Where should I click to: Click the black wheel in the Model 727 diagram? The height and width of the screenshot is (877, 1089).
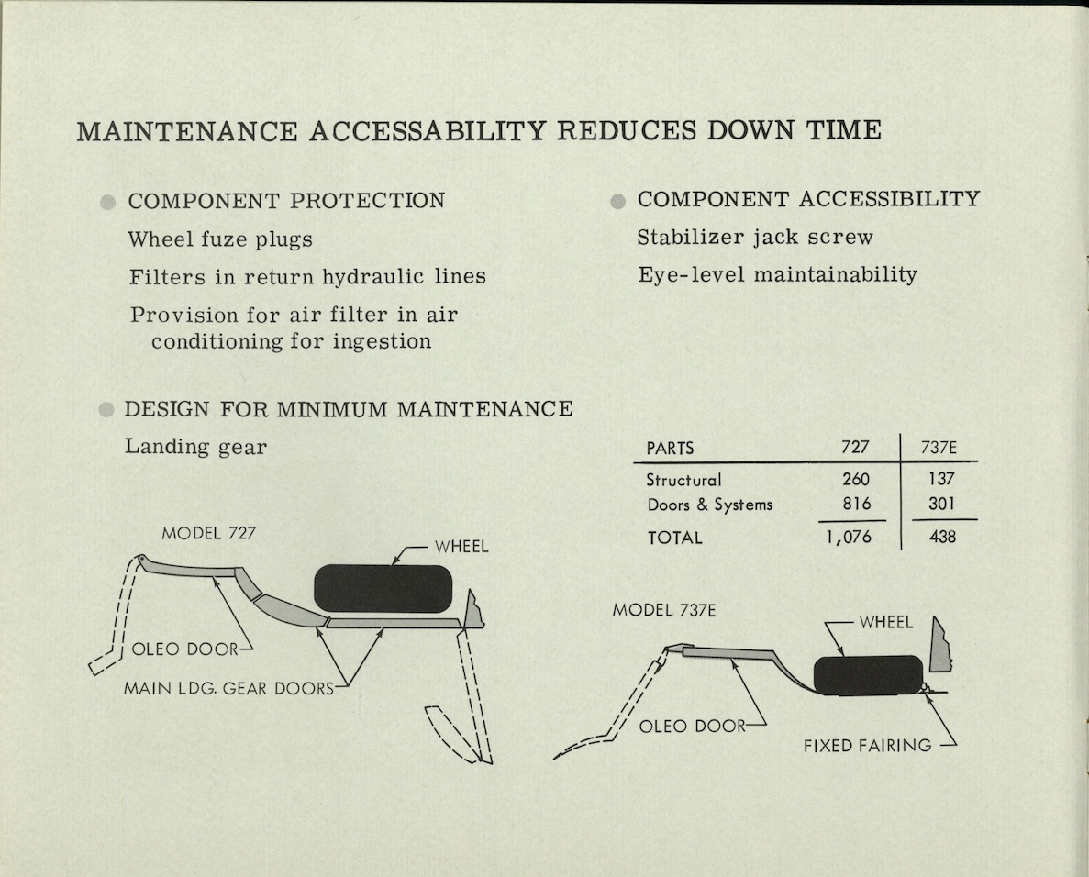(x=383, y=588)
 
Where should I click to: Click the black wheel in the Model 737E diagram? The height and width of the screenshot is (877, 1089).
(x=868, y=675)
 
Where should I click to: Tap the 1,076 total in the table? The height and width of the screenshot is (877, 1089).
(x=848, y=537)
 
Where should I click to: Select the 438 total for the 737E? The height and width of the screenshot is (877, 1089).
(x=942, y=536)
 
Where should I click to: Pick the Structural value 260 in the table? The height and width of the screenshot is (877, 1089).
(x=856, y=479)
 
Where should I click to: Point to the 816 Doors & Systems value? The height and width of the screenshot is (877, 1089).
(x=856, y=503)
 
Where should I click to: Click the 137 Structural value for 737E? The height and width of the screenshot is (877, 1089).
(x=942, y=479)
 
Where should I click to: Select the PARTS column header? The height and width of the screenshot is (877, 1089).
(x=670, y=448)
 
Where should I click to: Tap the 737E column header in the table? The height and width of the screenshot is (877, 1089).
(x=939, y=447)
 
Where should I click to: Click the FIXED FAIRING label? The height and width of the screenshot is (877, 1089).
(x=868, y=746)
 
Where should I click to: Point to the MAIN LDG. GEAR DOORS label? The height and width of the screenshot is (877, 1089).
(x=228, y=688)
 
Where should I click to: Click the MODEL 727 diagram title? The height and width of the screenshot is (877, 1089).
(x=208, y=533)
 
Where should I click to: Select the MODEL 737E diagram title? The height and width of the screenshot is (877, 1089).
(x=664, y=610)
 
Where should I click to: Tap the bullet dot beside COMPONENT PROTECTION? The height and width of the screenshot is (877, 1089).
(x=107, y=202)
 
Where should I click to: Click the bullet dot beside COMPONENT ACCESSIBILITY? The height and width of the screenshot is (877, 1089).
(x=617, y=202)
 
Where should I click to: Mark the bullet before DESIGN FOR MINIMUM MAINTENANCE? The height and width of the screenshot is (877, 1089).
(x=106, y=410)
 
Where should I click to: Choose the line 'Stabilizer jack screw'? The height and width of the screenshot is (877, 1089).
(x=755, y=237)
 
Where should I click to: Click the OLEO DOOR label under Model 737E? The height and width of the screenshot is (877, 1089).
(x=692, y=727)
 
